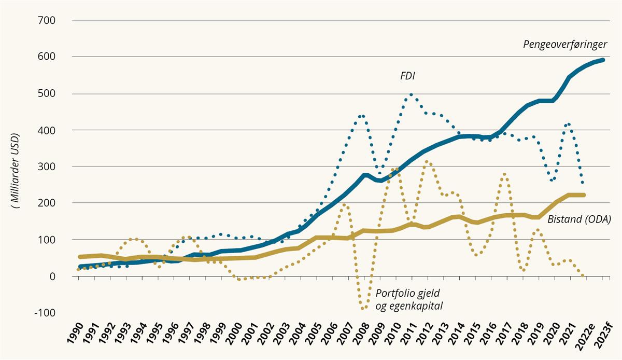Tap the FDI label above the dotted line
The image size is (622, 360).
tap(408, 76)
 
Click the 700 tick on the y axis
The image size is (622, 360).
tap(48, 20)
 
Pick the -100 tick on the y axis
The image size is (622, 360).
tap(46, 313)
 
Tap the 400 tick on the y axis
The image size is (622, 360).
tap(48, 130)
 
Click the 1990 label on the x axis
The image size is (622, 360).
tap(76, 335)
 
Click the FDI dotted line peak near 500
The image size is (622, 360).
tap(411, 94)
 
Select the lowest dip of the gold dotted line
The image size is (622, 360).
tap(363, 309)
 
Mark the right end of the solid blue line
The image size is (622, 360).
tap(603, 60)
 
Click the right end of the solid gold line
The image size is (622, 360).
tap(584, 195)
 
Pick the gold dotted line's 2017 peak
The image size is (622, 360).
tap(504, 175)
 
